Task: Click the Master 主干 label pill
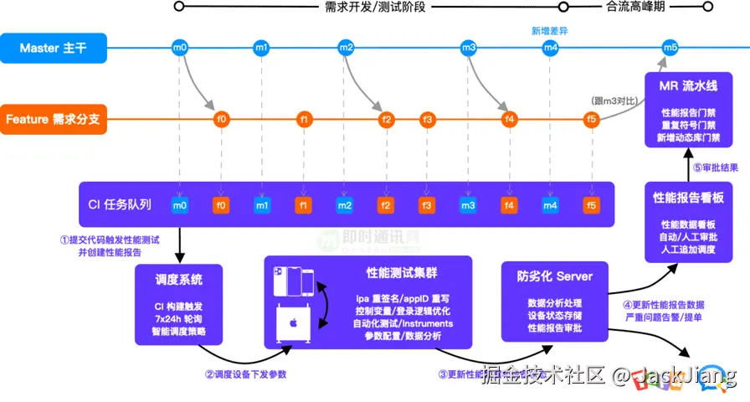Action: [x=53, y=48]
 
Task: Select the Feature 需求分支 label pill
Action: [x=53, y=119]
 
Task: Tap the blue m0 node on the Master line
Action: [x=179, y=48]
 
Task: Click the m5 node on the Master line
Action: [x=670, y=48]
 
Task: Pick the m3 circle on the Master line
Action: [x=469, y=48]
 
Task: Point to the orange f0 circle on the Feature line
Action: [x=222, y=119]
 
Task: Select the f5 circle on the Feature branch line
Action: [x=592, y=119]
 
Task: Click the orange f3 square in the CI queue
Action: [x=427, y=204]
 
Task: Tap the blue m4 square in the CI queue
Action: [x=550, y=204]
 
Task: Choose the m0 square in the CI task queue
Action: [x=179, y=204]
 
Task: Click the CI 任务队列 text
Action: [x=121, y=204]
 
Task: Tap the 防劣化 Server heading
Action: [x=555, y=276]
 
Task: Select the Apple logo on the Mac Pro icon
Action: [x=294, y=322]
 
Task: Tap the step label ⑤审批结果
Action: [x=714, y=167]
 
